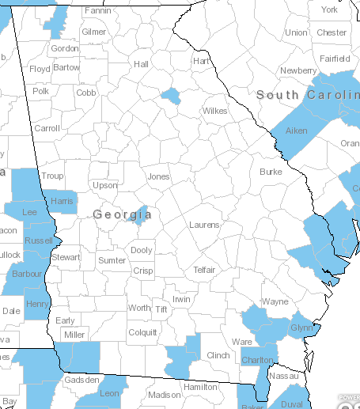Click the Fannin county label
coord(97,11)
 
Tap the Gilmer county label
coord(93,32)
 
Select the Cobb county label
coord(86,92)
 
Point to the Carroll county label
coord(47,128)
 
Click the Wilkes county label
coord(214,111)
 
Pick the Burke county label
coord(271,171)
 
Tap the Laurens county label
coord(204,225)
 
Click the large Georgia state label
coord(122,214)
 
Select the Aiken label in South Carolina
coord(296,131)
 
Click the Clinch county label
coord(218,356)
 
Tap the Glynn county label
coord(302,328)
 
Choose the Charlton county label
coord(257,360)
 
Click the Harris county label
coord(62,201)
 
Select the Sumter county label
coord(112,260)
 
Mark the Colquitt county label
coord(142,333)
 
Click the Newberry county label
coord(298,70)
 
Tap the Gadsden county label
coord(81,380)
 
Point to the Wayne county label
coord(275,301)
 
